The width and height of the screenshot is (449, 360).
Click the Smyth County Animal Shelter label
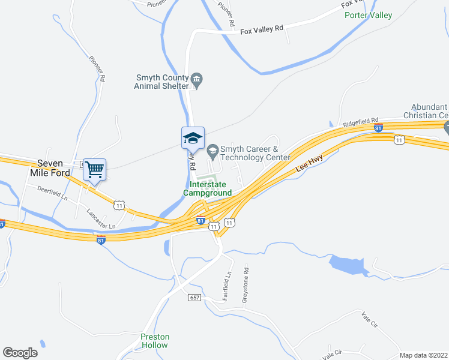point(162,81)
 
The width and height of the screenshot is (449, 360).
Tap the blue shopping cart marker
point(94,169)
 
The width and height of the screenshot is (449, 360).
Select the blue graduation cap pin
point(193,138)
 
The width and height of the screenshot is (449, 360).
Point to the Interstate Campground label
point(207,189)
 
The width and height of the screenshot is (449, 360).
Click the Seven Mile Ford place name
point(54,167)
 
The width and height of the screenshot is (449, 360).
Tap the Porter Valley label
point(368,16)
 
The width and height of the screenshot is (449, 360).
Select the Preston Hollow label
point(155,341)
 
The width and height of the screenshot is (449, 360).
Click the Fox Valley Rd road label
point(261,29)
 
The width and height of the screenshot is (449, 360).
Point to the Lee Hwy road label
point(309,166)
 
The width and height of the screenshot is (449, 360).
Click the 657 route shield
point(194,298)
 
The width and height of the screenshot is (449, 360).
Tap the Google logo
point(20,352)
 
